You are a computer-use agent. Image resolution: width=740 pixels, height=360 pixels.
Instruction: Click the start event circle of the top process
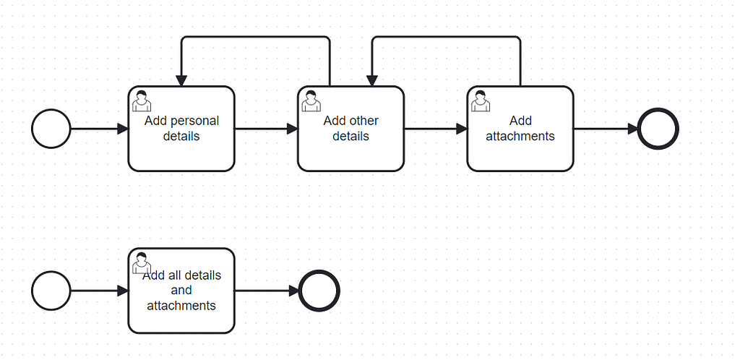pyautogui.click(x=51, y=129)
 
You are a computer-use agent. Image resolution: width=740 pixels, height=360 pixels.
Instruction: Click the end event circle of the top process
pyautogui.click(x=658, y=129)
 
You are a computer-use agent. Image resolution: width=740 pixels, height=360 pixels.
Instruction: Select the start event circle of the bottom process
pyautogui.click(x=51, y=291)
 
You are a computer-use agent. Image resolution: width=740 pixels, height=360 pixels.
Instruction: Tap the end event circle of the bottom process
pyautogui.click(x=319, y=291)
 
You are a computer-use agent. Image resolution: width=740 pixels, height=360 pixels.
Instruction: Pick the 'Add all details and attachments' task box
pyautogui.click(x=181, y=318)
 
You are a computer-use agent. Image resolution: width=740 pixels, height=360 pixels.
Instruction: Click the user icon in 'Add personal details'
pyautogui.click(x=142, y=100)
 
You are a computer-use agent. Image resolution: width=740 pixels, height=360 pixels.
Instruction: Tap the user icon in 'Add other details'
pyautogui.click(x=311, y=100)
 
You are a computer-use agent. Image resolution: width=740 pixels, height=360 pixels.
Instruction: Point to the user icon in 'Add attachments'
pyautogui.click(x=481, y=100)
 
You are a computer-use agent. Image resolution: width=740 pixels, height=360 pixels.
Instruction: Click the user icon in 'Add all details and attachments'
pyautogui.click(x=142, y=262)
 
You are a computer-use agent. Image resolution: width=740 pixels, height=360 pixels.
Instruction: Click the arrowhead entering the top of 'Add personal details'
pyautogui.click(x=181, y=80)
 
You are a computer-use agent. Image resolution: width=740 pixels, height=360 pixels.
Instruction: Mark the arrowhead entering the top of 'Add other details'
pyautogui.click(x=372, y=80)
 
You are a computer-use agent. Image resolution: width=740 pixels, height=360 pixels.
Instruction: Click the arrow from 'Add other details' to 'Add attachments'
pyautogui.click(x=434, y=129)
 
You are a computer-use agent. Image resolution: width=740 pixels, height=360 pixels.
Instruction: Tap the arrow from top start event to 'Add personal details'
pyautogui.click(x=98, y=129)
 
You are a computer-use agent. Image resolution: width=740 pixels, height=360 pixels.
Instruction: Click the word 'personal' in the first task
pyautogui.click(x=194, y=121)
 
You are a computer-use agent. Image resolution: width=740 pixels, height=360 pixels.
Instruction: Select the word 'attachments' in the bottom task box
pyautogui.click(x=181, y=306)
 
